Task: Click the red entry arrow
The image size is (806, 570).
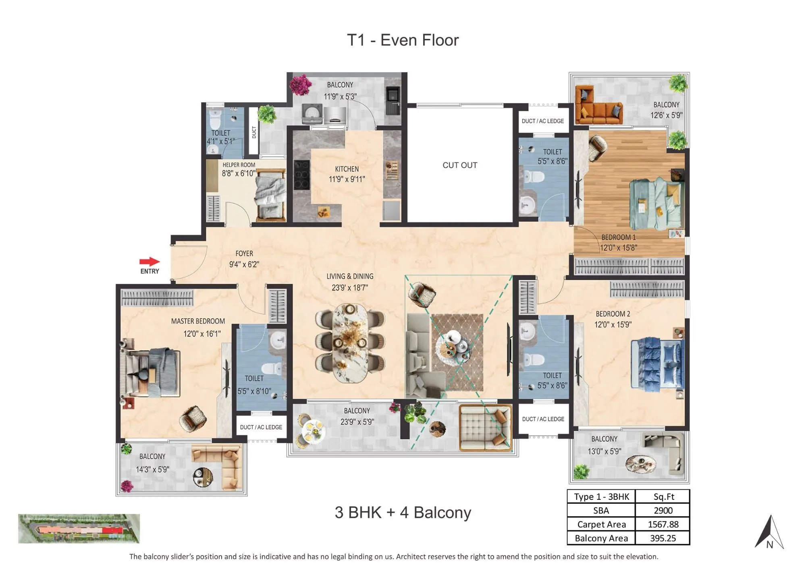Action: click(x=150, y=262)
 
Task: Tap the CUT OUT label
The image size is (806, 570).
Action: click(x=460, y=165)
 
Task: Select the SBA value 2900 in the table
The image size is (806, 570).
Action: click(x=663, y=510)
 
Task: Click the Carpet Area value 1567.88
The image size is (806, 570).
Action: click(x=663, y=524)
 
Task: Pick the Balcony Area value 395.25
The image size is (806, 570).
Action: click(x=663, y=538)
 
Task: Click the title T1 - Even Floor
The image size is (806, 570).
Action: click(x=403, y=40)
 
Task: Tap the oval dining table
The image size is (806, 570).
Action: click(x=349, y=343)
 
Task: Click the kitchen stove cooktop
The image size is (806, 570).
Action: click(x=302, y=175)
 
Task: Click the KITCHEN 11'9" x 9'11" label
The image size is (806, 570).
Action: click(x=347, y=174)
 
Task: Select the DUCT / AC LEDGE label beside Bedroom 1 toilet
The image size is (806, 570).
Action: click(x=542, y=121)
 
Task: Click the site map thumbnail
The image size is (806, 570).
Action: click(x=79, y=528)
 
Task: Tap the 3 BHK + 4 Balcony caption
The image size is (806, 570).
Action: click(x=403, y=512)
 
